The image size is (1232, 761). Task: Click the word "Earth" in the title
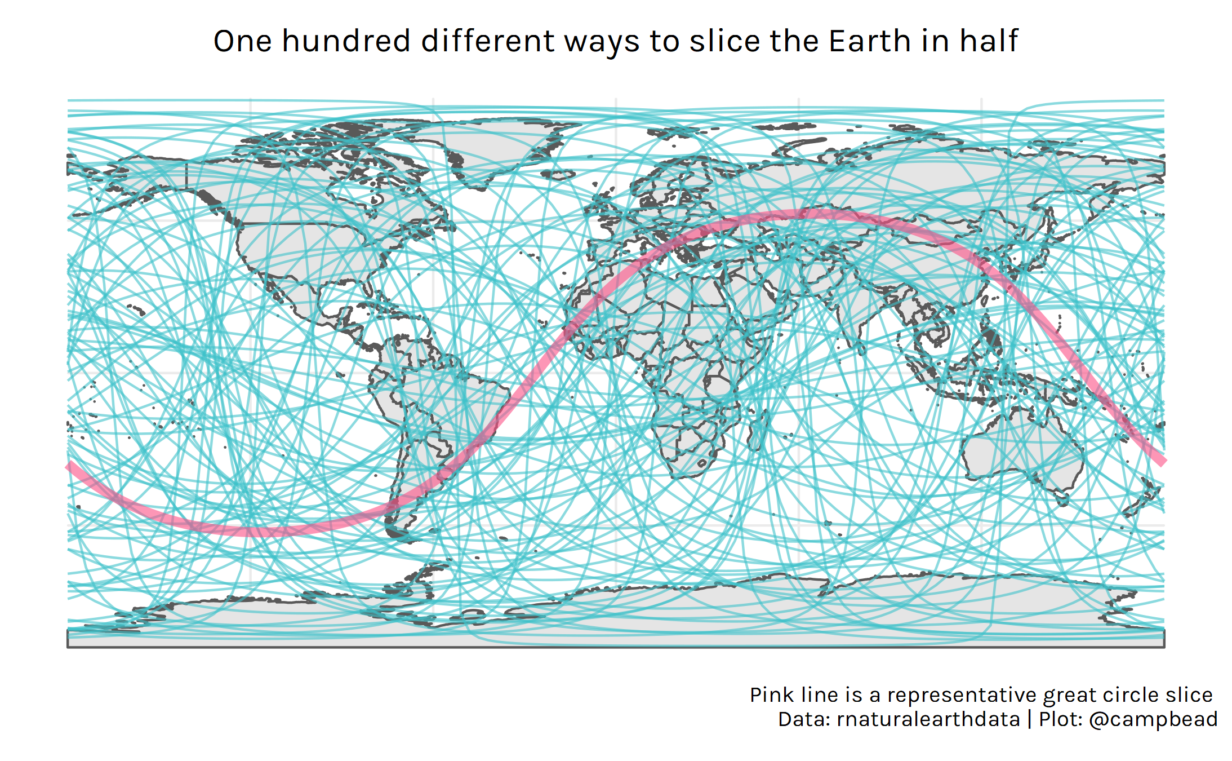(870, 41)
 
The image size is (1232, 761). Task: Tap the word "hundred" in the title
(346, 41)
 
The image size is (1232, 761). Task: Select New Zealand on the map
(1144, 502)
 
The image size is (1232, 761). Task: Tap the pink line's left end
(70, 465)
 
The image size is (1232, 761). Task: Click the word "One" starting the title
(241, 41)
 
